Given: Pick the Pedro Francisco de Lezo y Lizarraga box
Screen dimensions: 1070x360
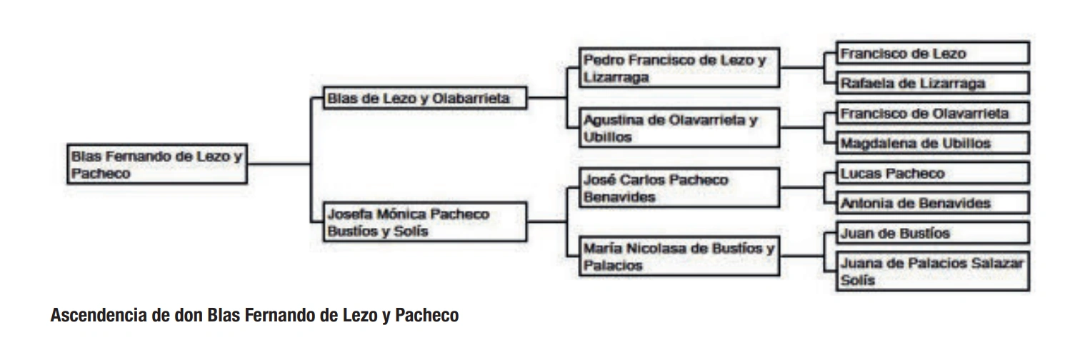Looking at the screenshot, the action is click(x=679, y=69).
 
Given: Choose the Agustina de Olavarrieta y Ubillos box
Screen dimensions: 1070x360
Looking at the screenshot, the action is click(x=679, y=129).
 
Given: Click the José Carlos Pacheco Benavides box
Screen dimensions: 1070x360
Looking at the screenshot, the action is click(x=679, y=189).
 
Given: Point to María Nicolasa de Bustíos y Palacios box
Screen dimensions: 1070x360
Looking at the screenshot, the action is click(x=679, y=257).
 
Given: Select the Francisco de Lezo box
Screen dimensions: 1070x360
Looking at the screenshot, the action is click(x=933, y=54).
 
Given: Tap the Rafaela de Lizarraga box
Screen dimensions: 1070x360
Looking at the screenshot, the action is click(x=933, y=83).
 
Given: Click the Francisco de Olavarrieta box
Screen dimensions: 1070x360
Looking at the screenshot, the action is click(x=933, y=114).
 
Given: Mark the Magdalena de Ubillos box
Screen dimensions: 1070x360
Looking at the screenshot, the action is click(x=933, y=143).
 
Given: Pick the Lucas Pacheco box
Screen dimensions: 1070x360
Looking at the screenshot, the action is click(x=933, y=174).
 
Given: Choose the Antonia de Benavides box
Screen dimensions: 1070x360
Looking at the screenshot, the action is click(x=933, y=203).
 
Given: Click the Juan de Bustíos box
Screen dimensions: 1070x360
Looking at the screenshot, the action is click(x=933, y=234).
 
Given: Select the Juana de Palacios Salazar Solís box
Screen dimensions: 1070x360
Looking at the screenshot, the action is click(x=933, y=271).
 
